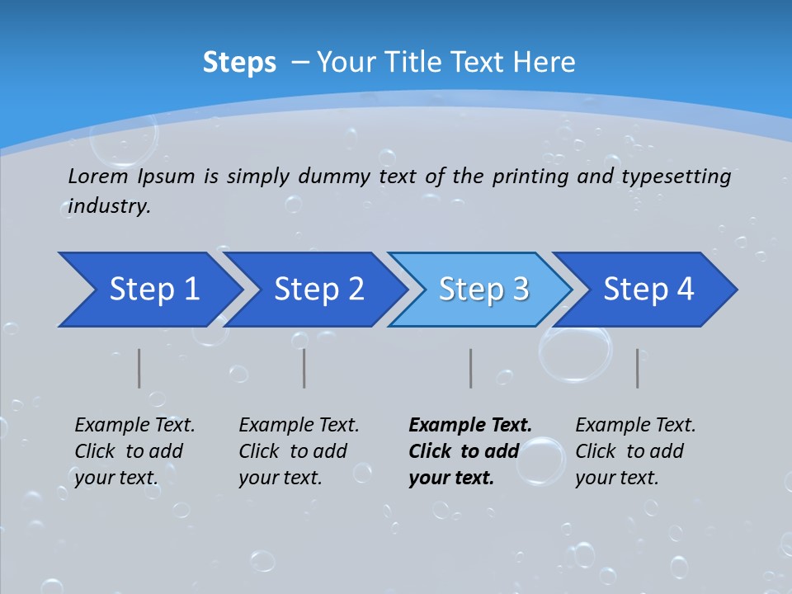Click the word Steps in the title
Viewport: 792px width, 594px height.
tap(239, 63)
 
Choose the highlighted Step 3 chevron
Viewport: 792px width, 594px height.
tap(482, 290)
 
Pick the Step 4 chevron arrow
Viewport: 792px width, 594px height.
tap(647, 290)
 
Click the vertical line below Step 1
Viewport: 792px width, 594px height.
tap(139, 368)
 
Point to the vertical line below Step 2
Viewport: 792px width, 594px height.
tap(304, 368)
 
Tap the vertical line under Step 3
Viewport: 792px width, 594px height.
tap(471, 368)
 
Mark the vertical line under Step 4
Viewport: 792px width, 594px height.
tap(638, 368)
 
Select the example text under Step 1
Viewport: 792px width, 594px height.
tap(134, 451)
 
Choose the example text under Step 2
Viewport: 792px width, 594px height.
tap(298, 451)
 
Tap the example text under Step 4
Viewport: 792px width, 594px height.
tap(634, 451)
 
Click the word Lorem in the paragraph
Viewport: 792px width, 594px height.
tap(98, 177)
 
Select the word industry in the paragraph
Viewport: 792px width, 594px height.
tap(108, 206)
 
